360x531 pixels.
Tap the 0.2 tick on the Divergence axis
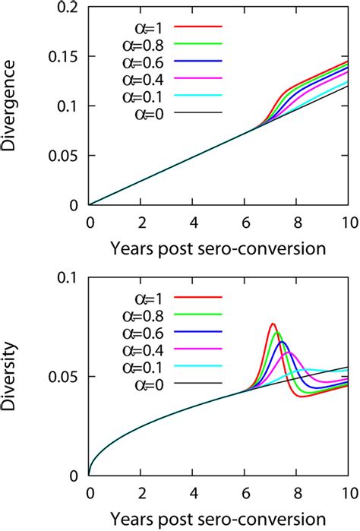[x=69, y=7]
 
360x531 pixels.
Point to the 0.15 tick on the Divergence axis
[x=65, y=56]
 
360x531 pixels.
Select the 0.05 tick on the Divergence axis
[x=65, y=155]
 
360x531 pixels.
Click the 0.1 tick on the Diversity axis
[x=69, y=278]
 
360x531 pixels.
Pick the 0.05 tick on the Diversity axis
[x=65, y=377]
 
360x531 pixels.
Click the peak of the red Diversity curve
[x=273, y=324]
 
